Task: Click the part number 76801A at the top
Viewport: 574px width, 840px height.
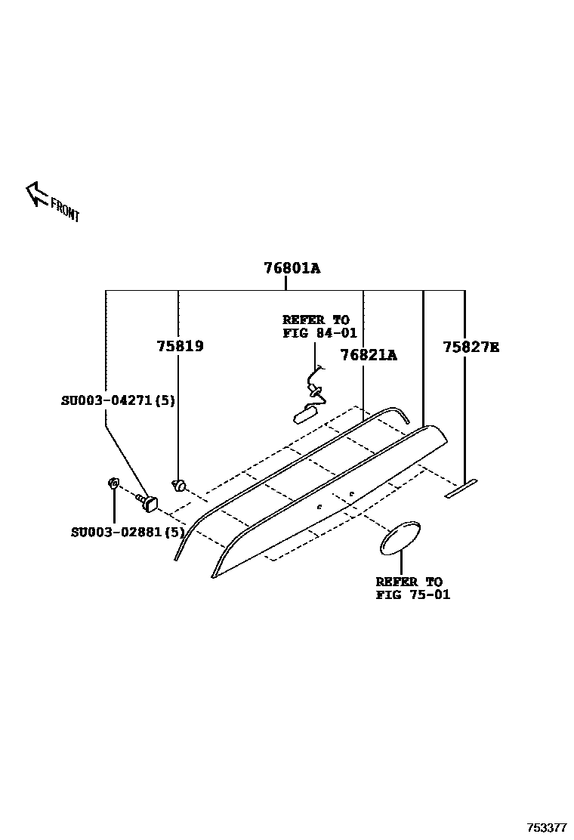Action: [x=292, y=268]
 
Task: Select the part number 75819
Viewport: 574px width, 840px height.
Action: [x=180, y=347]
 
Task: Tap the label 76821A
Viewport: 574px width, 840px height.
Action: [x=368, y=354]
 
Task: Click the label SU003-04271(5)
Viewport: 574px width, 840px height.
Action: [x=118, y=400]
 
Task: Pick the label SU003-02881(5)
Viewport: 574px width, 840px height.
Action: [x=128, y=532]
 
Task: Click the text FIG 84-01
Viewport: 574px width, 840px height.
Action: [x=319, y=332]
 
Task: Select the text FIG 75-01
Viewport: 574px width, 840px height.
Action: [x=412, y=594]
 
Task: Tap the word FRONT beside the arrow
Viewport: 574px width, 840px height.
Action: [x=65, y=209]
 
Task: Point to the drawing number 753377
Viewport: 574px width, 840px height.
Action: [x=547, y=828]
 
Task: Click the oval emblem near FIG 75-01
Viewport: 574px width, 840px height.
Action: [x=400, y=537]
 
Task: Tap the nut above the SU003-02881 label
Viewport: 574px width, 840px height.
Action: [x=113, y=483]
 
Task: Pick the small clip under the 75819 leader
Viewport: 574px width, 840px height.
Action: [x=180, y=484]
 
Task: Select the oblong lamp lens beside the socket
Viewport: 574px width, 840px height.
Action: [x=305, y=413]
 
